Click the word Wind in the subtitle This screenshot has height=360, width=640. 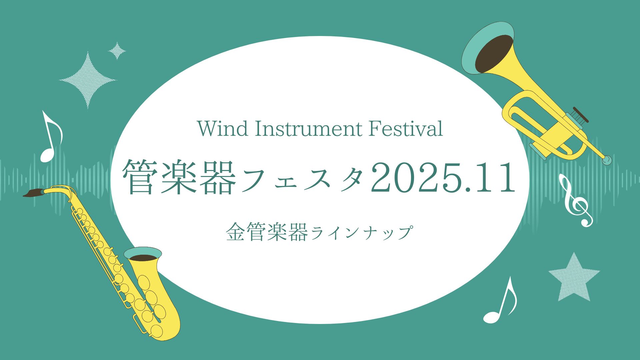point(223,128)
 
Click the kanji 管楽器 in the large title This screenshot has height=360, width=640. point(179,177)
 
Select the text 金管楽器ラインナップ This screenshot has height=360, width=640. point(319,232)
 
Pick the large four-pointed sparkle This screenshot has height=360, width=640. point(88,80)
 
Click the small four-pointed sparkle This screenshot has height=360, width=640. point(117,51)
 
